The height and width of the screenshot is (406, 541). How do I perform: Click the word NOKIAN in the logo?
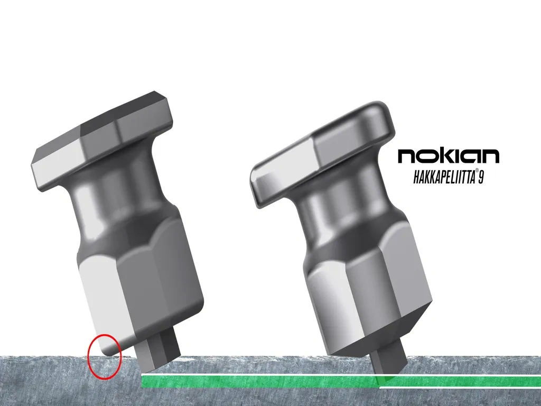click(448, 156)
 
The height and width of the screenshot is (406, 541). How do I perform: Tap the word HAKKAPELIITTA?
click(443, 177)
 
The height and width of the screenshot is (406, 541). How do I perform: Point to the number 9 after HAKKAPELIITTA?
click(481, 177)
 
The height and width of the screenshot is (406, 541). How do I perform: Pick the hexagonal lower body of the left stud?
click(143, 285)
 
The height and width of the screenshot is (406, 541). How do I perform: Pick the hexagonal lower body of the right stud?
click(365, 296)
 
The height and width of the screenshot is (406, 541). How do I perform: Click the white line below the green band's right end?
click(460, 387)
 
